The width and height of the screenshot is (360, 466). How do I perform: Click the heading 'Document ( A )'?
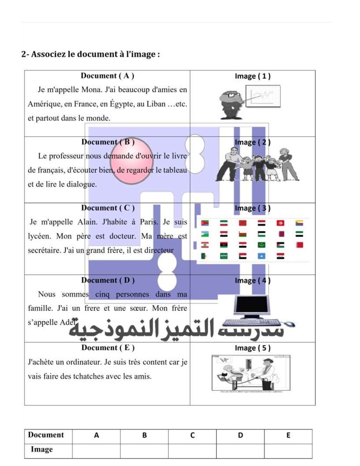tap(107, 76)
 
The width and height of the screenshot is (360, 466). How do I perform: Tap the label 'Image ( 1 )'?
tap(253, 76)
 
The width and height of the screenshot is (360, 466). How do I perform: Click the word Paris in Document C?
tap(148, 222)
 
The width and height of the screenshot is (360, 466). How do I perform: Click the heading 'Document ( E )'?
tap(108, 348)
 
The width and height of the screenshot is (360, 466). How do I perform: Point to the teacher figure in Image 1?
tap(230, 104)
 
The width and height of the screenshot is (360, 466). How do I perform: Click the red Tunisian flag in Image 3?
tap(281, 223)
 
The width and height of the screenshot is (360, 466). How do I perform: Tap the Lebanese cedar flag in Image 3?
tap(205, 245)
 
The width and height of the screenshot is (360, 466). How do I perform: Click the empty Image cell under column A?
tap(96, 451)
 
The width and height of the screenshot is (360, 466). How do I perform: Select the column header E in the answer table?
tap(288, 436)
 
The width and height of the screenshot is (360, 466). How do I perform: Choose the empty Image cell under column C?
tap(192, 451)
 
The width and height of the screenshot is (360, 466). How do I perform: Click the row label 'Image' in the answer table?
tap(42, 449)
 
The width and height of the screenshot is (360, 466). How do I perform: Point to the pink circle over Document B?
tap(131, 161)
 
